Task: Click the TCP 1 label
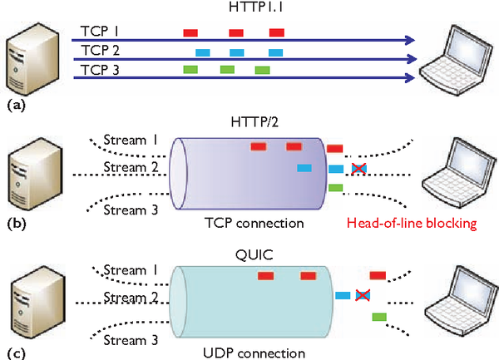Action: (100, 30)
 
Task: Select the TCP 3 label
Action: (100, 70)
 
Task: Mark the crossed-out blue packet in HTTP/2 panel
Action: (358, 169)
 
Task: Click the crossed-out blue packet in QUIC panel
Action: (363, 295)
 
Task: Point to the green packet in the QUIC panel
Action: (378, 316)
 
